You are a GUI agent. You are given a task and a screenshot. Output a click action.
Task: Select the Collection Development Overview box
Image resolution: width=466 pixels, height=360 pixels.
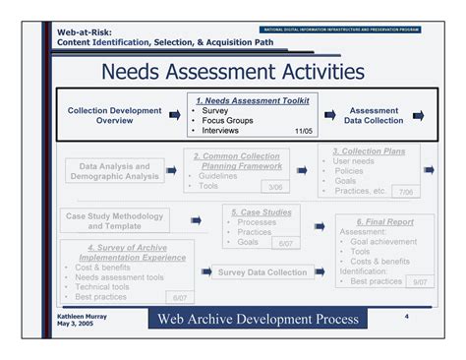[114, 116]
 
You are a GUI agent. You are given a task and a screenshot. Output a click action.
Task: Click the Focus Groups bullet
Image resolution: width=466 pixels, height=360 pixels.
[229, 120]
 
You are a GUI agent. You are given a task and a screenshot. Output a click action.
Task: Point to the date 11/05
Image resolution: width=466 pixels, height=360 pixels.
[304, 130]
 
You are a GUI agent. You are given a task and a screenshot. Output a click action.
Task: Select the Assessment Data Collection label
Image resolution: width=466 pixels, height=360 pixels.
[375, 116]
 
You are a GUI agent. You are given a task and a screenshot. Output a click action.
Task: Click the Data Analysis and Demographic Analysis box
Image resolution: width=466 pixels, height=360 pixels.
[114, 172]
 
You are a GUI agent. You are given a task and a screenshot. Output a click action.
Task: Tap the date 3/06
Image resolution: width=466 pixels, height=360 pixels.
[274, 187]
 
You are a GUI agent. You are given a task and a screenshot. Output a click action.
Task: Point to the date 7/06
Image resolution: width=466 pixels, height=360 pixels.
[403, 192]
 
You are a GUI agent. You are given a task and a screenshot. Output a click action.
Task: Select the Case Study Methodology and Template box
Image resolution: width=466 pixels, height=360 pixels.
[114, 220]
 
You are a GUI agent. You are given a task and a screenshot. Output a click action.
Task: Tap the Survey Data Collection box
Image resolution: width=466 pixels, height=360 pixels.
[262, 272]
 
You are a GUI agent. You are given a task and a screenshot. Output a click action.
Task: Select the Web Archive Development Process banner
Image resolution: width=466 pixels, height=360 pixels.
[258, 320]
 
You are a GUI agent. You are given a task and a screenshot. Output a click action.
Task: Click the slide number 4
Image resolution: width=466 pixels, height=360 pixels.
[406, 317]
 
